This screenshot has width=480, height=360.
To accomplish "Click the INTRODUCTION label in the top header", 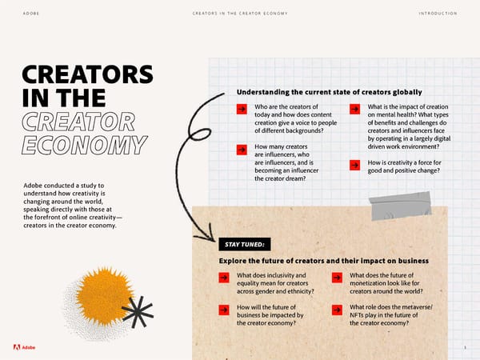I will (x=437, y=14).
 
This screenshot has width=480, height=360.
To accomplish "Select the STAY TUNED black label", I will (x=245, y=243).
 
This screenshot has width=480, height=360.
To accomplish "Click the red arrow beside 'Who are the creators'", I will (x=241, y=109).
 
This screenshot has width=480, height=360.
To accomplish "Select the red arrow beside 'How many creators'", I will (x=241, y=149).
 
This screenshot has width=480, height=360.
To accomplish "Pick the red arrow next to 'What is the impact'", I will (x=354, y=109).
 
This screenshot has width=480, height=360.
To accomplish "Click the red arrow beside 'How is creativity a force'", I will (x=354, y=165).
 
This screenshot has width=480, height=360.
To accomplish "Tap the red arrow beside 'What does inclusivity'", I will (x=225, y=278).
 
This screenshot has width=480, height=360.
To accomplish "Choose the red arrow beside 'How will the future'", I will (x=225, y=310).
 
